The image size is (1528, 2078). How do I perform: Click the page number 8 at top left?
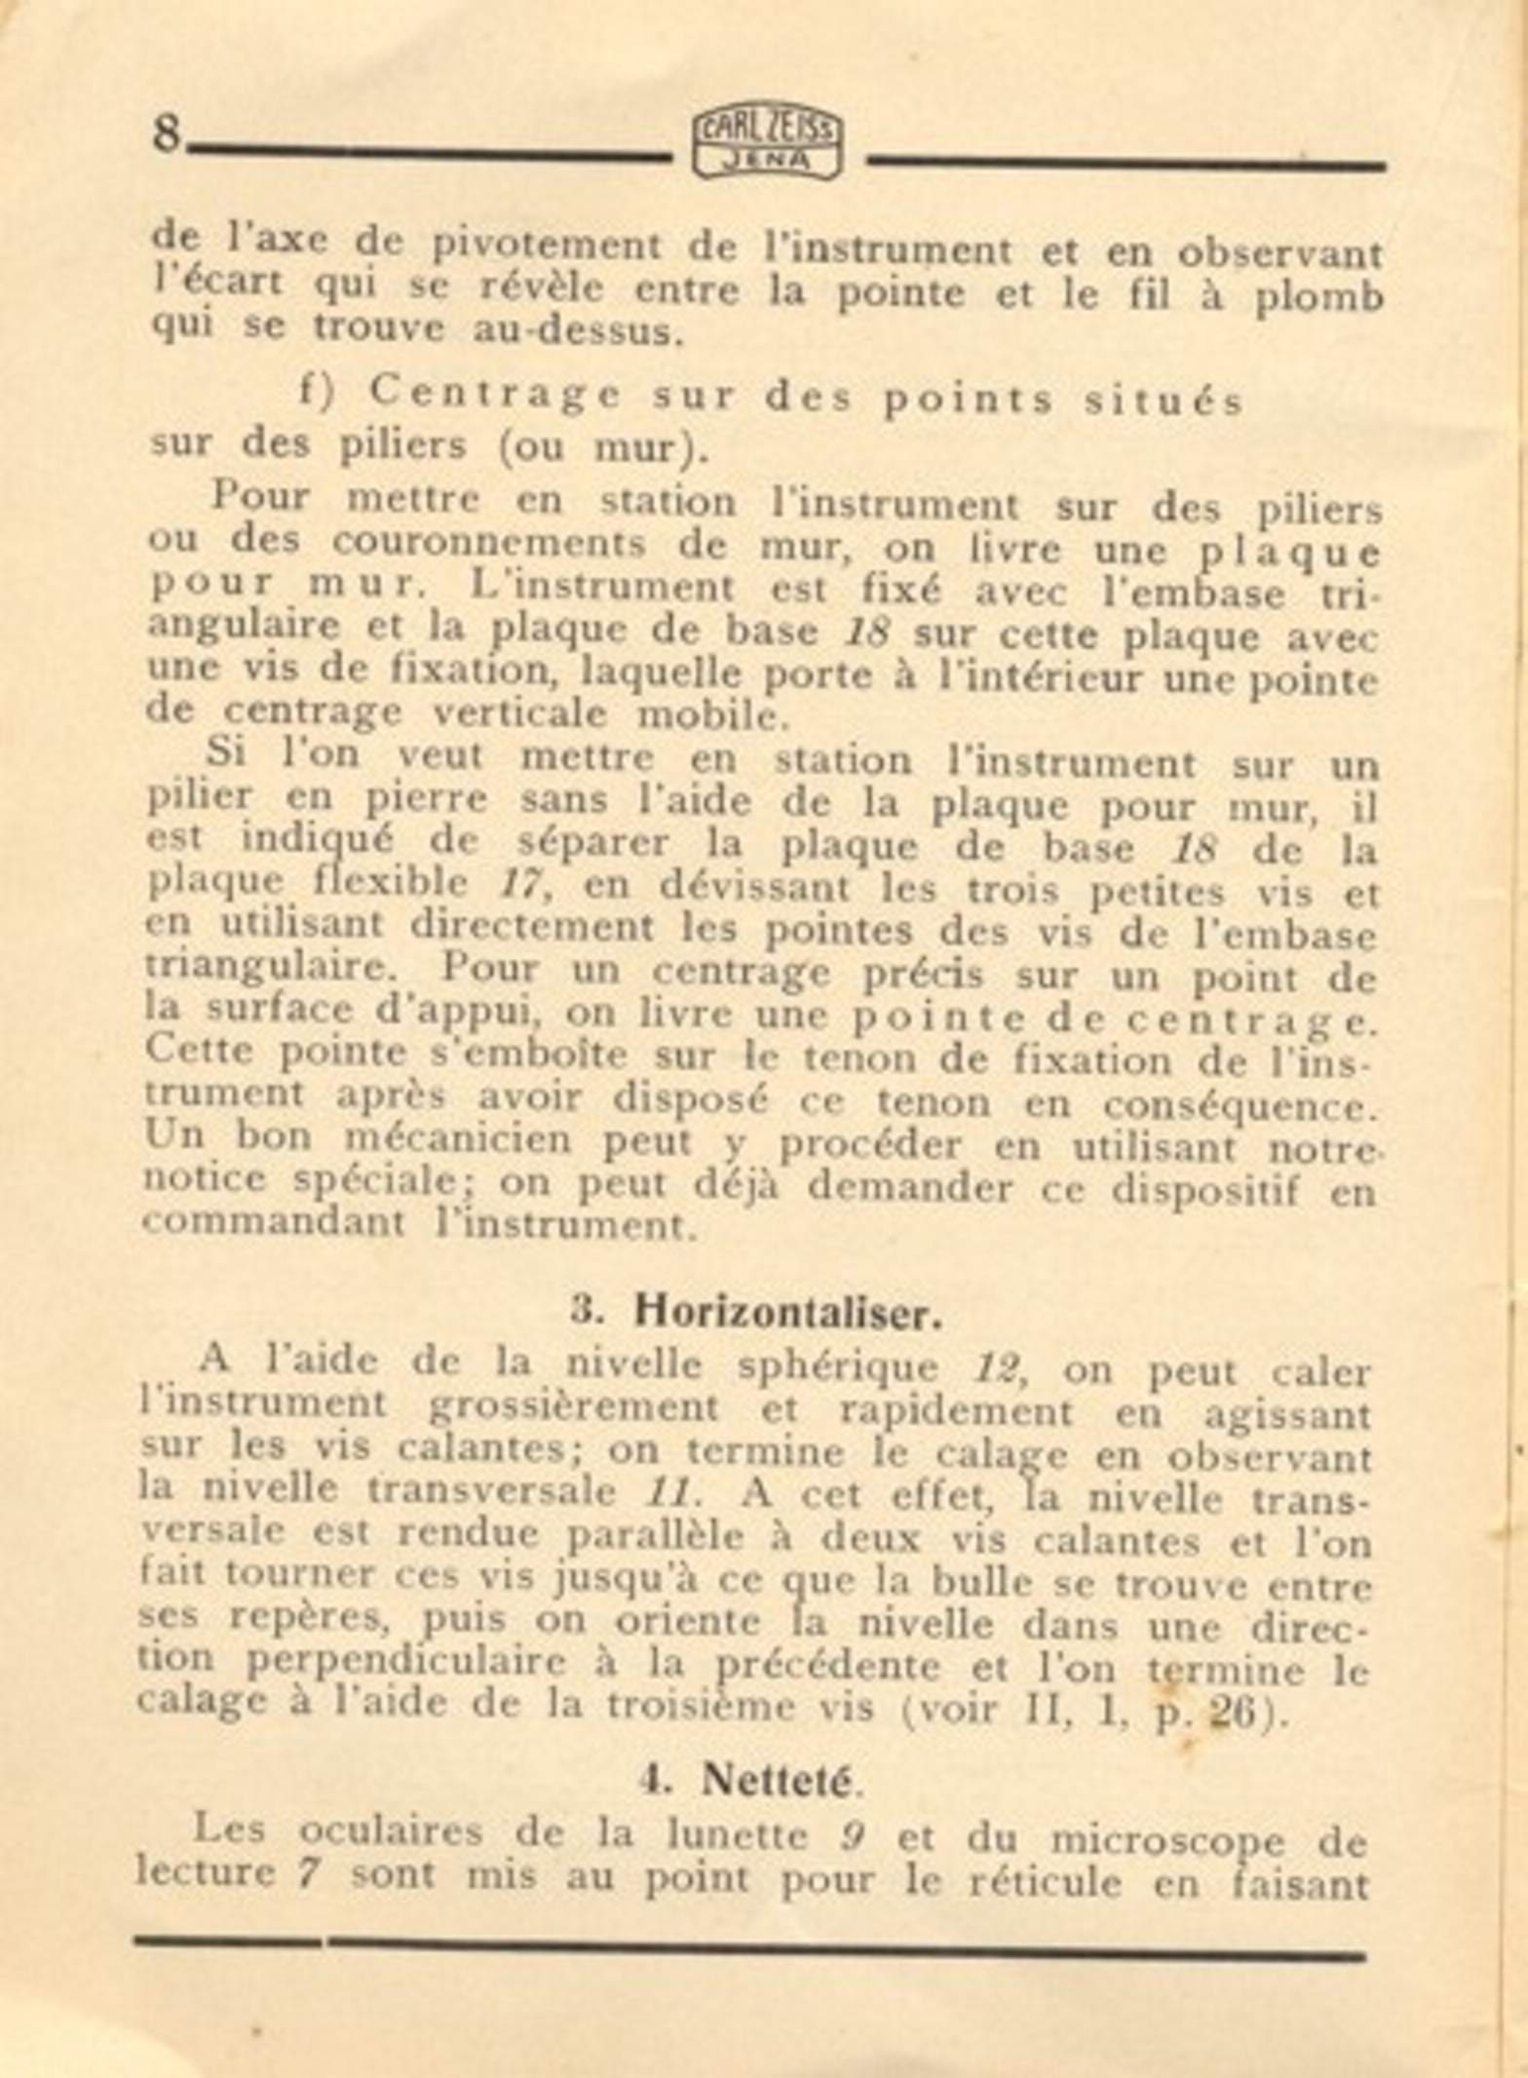(x=167, y=134)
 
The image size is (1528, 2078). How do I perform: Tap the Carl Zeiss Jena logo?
(x=768, y=143)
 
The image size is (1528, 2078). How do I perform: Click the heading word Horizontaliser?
(x=788, y=1313)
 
